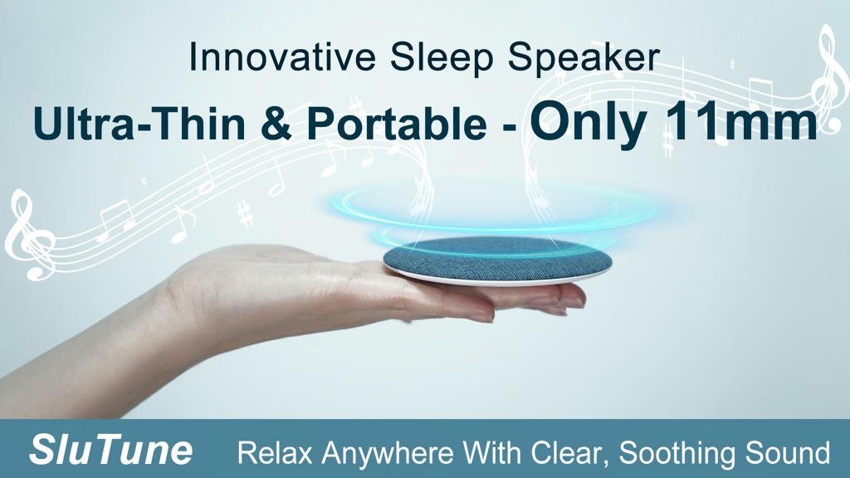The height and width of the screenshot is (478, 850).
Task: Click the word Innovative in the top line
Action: pyautogui.click(x=282, y=57)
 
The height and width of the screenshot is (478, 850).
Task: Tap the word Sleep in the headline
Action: pyautogui.click(x=441, y=58)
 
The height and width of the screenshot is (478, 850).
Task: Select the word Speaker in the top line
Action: pyautogui.click(x=584, y=58)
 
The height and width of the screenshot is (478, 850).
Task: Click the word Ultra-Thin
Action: pyautogui.click(x=139, y=123)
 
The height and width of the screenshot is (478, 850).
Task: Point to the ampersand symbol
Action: pyautogui.click(x=276, y=123)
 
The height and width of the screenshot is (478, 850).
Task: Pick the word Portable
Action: pyautogui.click(x=396, y=124)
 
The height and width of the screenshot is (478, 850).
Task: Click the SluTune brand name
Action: pyautogui.click(x=111, y=450)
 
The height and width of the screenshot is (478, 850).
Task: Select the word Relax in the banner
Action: pyautogui.click(x=275, y=452)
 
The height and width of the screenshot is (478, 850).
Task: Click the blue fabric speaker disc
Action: pyautogui.click(x=498, y=259)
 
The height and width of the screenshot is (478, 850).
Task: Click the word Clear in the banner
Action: pyautogui.click(x=569, y=452)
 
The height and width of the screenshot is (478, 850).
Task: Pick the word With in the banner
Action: pyautogui.click(x=491, y=452)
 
